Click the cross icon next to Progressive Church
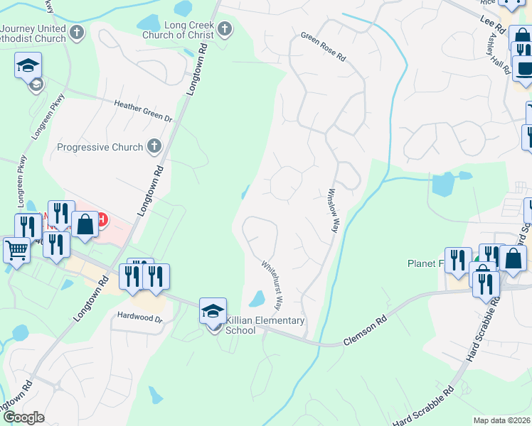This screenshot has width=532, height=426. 154,147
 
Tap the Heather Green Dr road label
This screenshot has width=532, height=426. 144,110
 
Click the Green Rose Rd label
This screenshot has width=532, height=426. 322,45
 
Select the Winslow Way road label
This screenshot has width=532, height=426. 332,210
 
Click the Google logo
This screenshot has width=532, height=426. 23,417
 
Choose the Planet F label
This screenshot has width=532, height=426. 424,263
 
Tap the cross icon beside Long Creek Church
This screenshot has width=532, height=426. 225,29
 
